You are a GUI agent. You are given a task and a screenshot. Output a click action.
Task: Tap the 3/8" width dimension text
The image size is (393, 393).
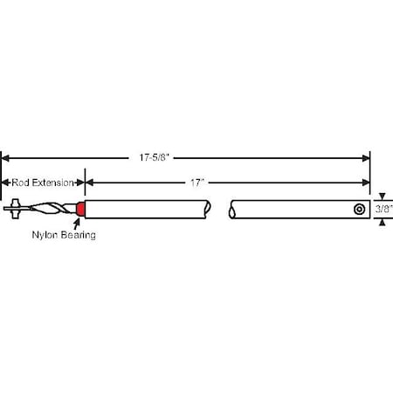[x=383, y=210]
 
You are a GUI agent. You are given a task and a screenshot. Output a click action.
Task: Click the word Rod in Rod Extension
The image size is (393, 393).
[x=19, y=183]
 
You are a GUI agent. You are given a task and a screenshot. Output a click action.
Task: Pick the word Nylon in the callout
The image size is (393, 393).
[x=45, y=236]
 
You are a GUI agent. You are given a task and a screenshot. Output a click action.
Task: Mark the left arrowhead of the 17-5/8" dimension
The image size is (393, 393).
[x=5, y=158]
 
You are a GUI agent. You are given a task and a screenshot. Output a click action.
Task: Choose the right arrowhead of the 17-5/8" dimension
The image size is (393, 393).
[x=366, y=158]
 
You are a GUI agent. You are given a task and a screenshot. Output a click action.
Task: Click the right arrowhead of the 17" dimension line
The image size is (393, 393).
[x=366, y=183]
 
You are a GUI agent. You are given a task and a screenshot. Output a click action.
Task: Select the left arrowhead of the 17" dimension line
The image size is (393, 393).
[x=89, y=183]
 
